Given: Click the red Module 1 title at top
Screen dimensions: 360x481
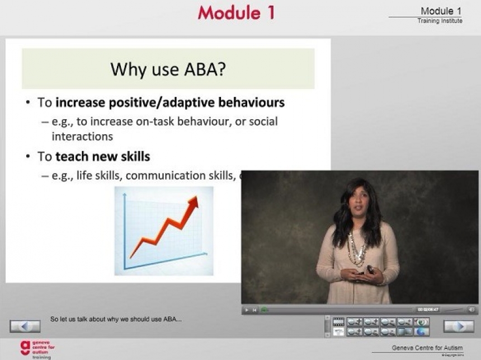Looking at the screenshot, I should (x=236, y=13).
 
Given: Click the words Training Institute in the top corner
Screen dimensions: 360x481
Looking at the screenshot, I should (x=440, y=21).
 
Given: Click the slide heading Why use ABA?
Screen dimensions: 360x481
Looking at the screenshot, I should (x=168, y=69).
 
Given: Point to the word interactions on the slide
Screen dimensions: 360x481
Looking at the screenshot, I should (x=82, y=136).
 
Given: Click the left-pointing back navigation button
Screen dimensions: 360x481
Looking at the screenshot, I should (x=25, y=326).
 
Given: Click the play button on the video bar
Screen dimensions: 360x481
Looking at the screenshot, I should (x=247, y=310).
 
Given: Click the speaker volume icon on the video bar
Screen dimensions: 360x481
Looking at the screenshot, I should (x=471, y=309).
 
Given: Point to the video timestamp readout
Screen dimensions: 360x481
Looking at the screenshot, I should (x=428, y=310).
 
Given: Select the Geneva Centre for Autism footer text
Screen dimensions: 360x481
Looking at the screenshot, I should (x=427, y=348).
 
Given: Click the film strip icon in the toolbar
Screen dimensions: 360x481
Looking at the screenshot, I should (x=338, y=321).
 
